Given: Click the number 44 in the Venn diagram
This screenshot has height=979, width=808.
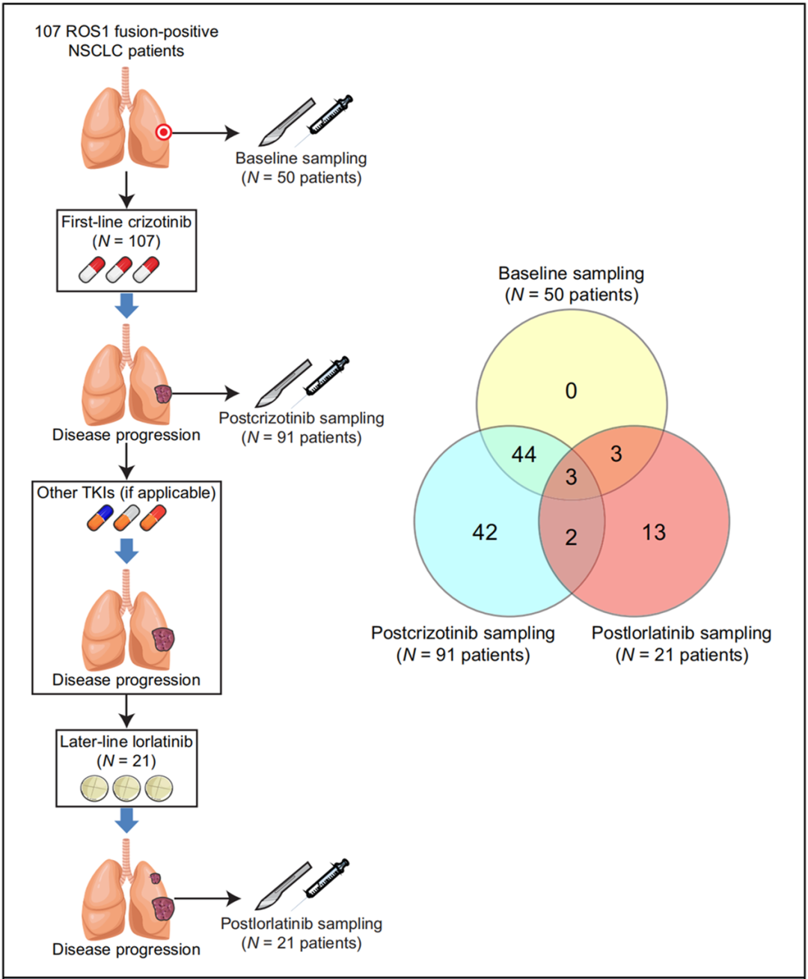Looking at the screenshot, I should pos(524,454).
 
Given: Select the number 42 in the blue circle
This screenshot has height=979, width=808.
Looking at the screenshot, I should pos(485,532).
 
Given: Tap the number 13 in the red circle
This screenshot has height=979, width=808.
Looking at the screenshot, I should pos(653,532).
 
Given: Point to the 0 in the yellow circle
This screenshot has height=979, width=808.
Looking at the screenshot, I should pos(571,391).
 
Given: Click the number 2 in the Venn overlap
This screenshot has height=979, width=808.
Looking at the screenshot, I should pos(571,537).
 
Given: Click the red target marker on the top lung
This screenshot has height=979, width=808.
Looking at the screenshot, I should pos(163,132).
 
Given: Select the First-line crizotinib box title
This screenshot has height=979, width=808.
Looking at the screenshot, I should pos(126,222).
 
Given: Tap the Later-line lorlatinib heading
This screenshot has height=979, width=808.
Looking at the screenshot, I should pos(126,742).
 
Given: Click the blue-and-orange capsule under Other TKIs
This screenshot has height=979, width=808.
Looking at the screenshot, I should pos(100,517).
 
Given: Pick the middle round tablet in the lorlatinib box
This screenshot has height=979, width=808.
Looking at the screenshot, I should pos(126,787).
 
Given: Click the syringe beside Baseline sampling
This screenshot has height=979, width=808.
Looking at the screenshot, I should pos(329,115).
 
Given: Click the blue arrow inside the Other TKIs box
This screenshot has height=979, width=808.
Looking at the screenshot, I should pos(126,552).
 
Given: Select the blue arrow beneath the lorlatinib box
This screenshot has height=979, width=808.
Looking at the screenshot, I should pos(126,821).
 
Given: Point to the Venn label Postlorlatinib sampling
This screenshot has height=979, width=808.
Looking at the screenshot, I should pos(681,633).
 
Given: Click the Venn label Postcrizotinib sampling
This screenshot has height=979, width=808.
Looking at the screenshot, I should pos(463,633).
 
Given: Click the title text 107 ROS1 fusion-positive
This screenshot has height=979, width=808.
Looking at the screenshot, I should pos(126,31).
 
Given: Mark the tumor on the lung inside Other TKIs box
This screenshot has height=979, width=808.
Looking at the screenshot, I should pos(163,640).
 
